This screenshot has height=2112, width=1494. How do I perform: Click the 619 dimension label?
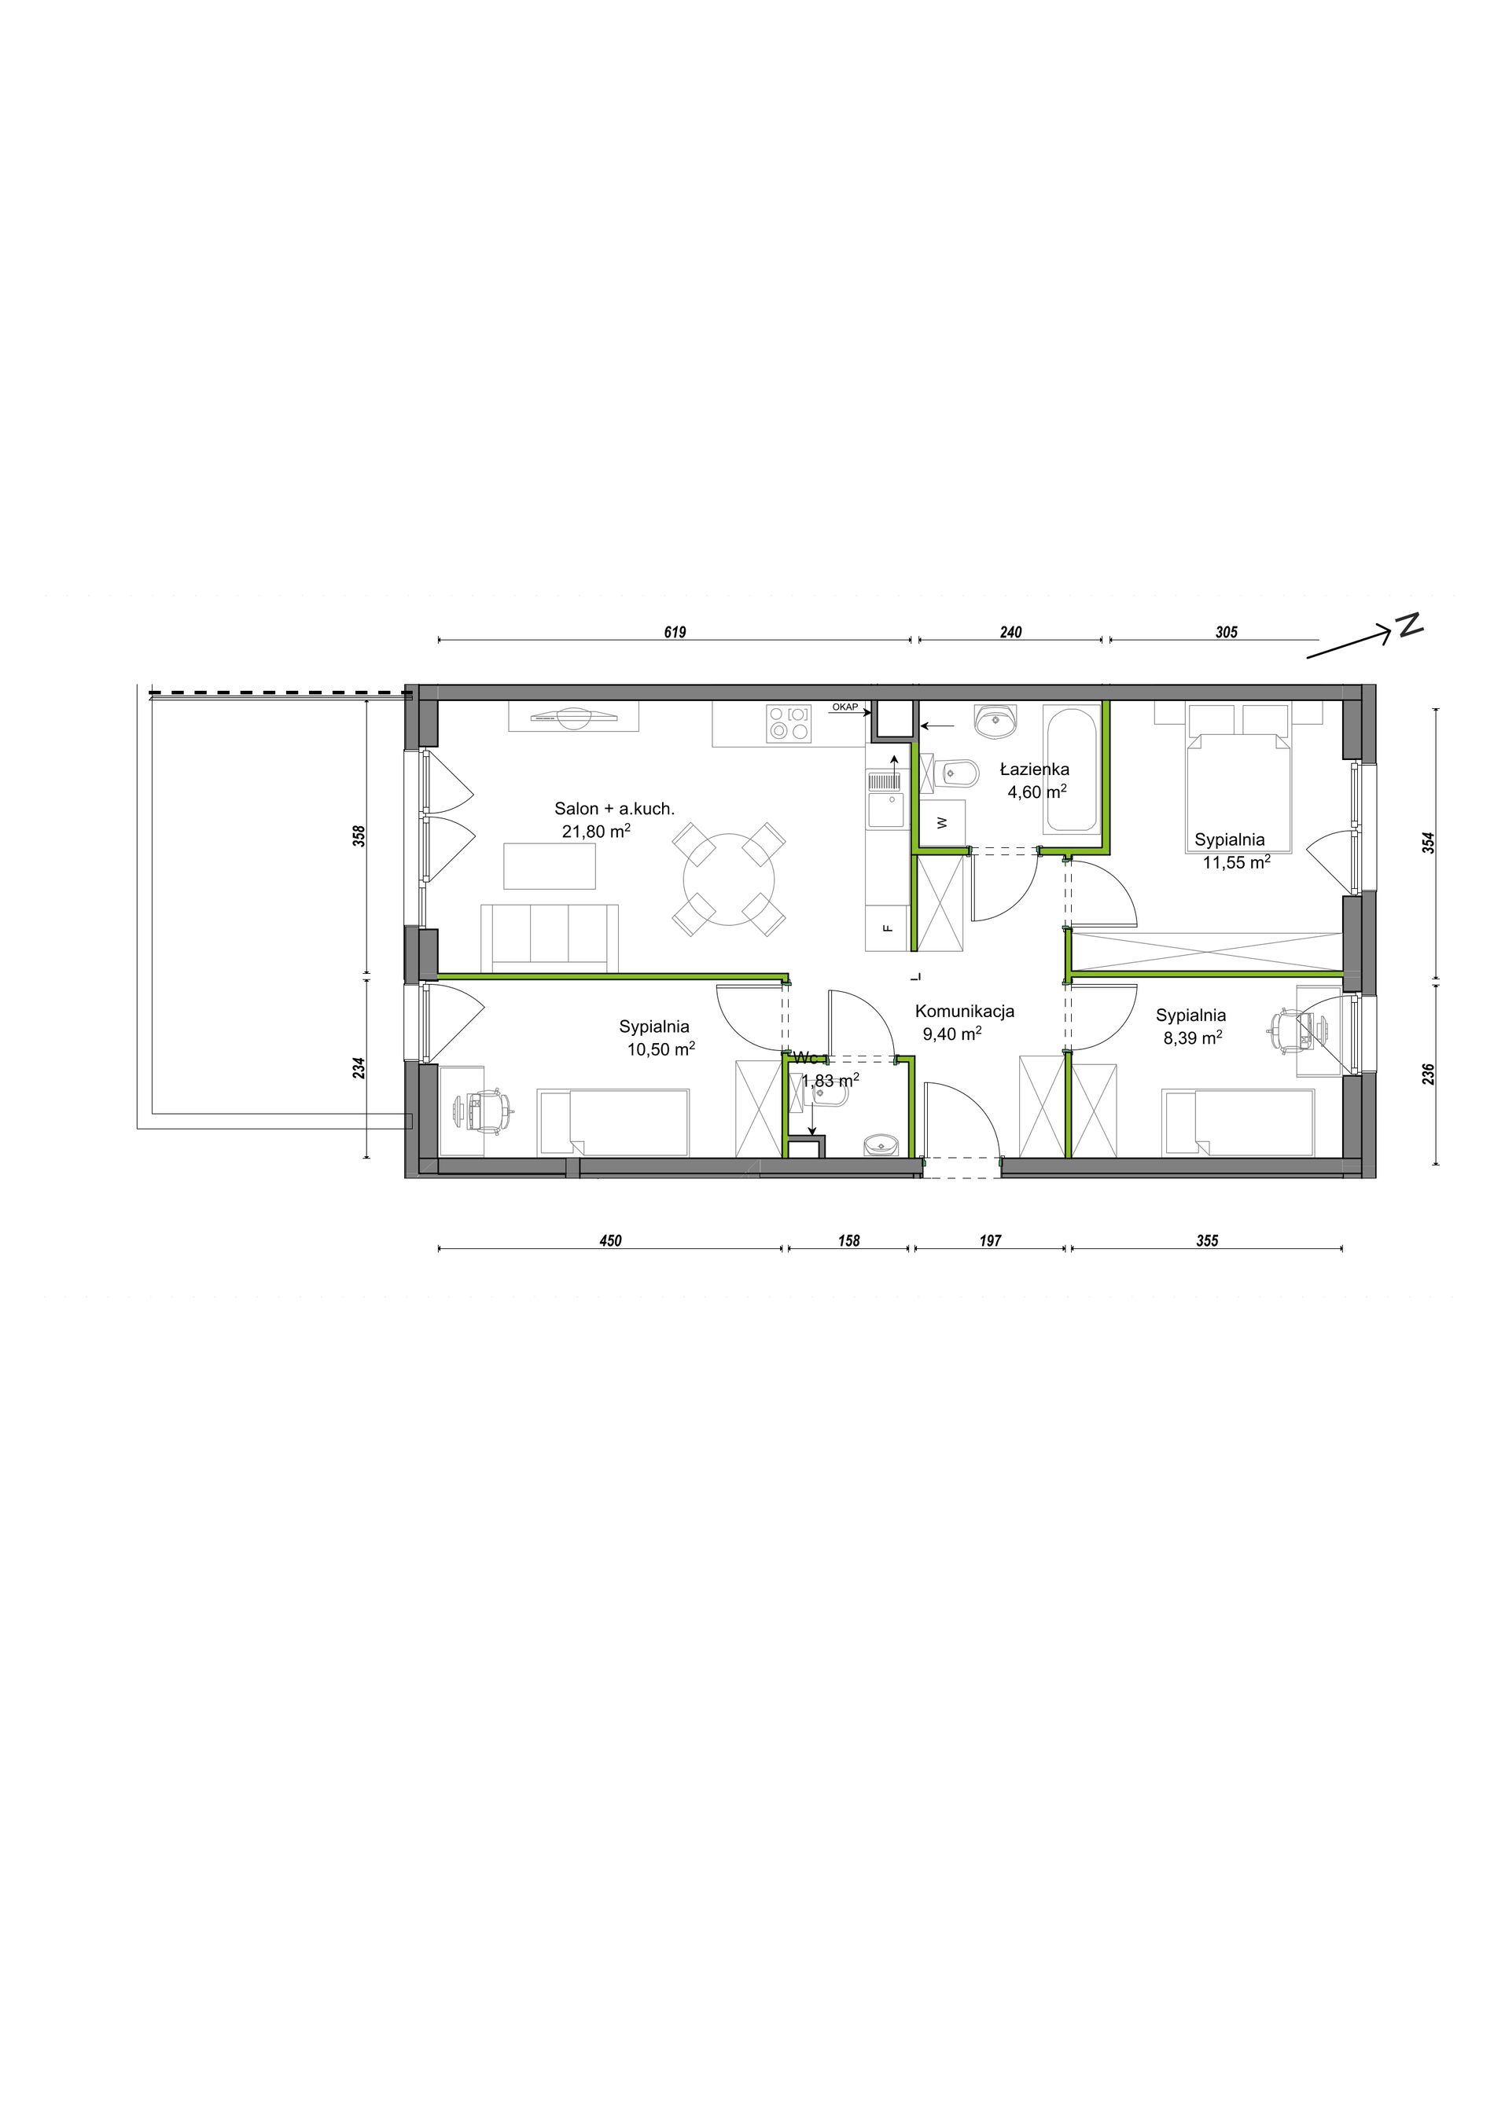(x=675, y=632)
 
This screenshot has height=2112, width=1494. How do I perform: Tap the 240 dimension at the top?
(x=1010, y=632)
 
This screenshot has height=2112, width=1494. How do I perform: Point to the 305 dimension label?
(x=1227, y=632)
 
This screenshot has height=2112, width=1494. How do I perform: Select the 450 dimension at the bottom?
(x=611, y=1241)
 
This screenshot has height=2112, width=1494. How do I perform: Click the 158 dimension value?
(x=849, y=1241)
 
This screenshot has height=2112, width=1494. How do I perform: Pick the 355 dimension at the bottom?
(x=1207, y=1241)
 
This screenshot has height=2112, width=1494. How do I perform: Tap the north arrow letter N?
(x=1409, y=625)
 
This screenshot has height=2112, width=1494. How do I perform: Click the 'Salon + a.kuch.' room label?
(x=615, y=810)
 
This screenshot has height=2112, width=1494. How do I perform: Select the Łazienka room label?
(x=1035, y=770)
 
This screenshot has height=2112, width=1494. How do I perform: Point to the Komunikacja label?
(x=965, y=1012)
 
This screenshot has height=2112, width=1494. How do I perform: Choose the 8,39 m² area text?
(x=1193, y=1038)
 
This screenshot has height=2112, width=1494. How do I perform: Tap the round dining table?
(x=729, y=880)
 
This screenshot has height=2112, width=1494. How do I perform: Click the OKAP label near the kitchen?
(x=845, y=707)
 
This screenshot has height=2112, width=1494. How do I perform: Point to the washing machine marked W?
(x=942, y=822)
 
